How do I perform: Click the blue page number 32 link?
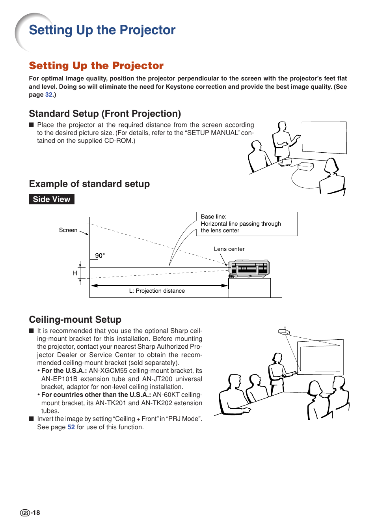[49, 95]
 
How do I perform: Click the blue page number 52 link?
[71, 427]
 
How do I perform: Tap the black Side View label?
[52, 199]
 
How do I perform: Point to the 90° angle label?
[100, 256]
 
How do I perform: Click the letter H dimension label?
[74, 273]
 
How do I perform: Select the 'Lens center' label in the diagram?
[229, 249]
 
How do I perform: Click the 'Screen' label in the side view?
[68, 230]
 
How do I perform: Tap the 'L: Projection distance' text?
[157, 291]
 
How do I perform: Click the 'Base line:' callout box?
[247, 224]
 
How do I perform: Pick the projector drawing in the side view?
[249, 269]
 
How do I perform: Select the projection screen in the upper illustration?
[324, 137]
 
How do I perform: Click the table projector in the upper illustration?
[306, 166]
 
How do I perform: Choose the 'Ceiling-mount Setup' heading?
[75, 320]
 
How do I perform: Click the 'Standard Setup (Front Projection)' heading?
[105, 114]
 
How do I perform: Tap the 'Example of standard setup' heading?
[89, 184]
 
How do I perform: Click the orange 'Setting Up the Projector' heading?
[96, 65]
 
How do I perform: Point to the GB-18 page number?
[30, 512]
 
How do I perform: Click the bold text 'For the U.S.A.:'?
[64, 371]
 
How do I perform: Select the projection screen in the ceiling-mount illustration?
[320, 357]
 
